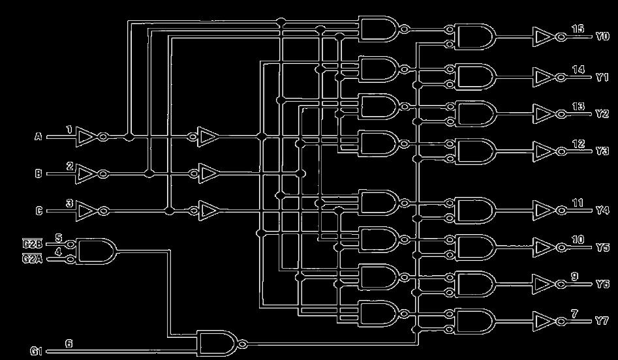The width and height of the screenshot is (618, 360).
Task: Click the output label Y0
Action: point(602,37)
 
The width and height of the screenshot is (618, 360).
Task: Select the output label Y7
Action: point(602,322)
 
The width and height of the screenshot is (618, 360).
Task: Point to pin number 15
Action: point(578,29)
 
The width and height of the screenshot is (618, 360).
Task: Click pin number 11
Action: point(578,203)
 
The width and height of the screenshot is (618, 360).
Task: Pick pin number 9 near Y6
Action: point(574,277)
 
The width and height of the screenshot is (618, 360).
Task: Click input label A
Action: point(38,137)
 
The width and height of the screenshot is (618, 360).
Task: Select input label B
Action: point(38,174)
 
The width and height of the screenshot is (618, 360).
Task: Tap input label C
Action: point(38,211)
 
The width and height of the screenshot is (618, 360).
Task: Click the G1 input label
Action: point(36,352)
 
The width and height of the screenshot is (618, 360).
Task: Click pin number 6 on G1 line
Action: point(69,343)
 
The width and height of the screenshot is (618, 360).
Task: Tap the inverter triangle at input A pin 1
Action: point(85,137)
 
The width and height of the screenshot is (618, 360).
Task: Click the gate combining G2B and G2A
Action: point(95,251)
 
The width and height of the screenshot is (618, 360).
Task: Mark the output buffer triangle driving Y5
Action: point(543,247)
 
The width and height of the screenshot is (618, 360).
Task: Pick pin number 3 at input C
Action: point(69,203)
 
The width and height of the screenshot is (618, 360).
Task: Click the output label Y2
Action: point(602,113)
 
